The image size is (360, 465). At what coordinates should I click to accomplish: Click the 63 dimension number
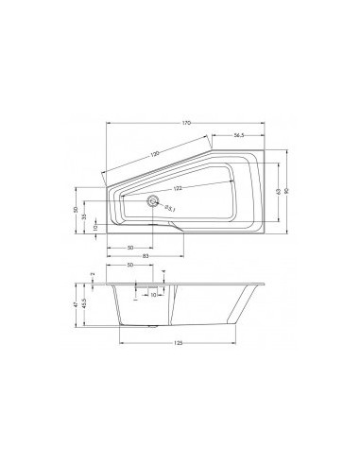point(277,192)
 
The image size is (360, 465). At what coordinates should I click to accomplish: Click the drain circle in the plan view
point(151,200)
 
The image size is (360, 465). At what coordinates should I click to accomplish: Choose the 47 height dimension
point(76,302)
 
